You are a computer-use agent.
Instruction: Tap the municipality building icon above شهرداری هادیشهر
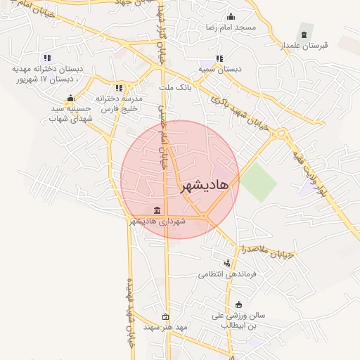[157, 211]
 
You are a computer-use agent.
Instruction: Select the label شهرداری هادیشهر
[157, 221]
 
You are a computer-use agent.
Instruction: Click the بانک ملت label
[176, 87]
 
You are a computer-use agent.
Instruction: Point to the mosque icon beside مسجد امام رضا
[231, 18]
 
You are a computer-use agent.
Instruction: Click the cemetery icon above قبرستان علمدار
[304, 34]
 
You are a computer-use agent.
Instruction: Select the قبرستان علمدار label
[305, 45]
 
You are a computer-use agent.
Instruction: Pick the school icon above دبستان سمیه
[219, 58]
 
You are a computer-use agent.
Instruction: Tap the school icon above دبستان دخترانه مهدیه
[46, 58]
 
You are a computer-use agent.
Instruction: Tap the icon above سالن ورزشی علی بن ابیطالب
[239, 305]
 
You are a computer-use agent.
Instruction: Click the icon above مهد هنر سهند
[165, 316]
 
